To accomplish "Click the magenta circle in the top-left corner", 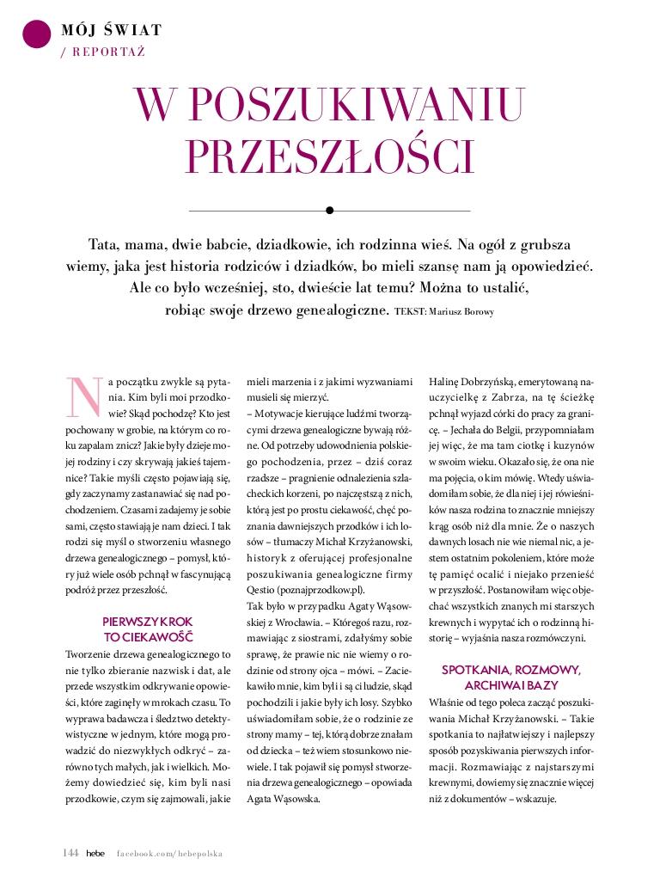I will (x=36, y=32).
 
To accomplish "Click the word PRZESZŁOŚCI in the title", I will (x=330, y=156).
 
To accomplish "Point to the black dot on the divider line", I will (x=330, y=210).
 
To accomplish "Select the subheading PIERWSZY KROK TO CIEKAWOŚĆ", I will (x=148, y=629).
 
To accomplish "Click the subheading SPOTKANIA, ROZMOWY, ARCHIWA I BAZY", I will (x=511, y=678).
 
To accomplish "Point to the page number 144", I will (x=70, y=852).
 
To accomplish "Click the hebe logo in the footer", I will (x=95, y=852).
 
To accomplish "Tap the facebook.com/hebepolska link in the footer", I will (x=169, y=853).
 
